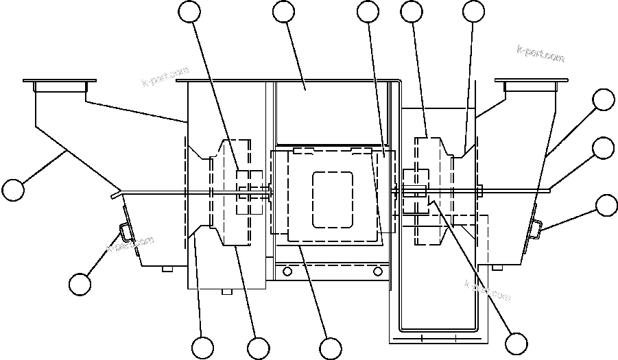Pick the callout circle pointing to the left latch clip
pyautogui.click(x=80, y=284)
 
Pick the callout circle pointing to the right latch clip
pyautogui.click(x=606, y=204)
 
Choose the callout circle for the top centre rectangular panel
pyautogui.click(x=283, y=12)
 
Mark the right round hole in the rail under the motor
pyautogui.click(x=376, y=272)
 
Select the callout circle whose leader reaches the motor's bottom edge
pyautogui.click(x=331, y=348)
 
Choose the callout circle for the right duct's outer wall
pyautogui.click(x=604, y=99)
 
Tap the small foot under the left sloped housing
pyautogui.click(x=167, y=269)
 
